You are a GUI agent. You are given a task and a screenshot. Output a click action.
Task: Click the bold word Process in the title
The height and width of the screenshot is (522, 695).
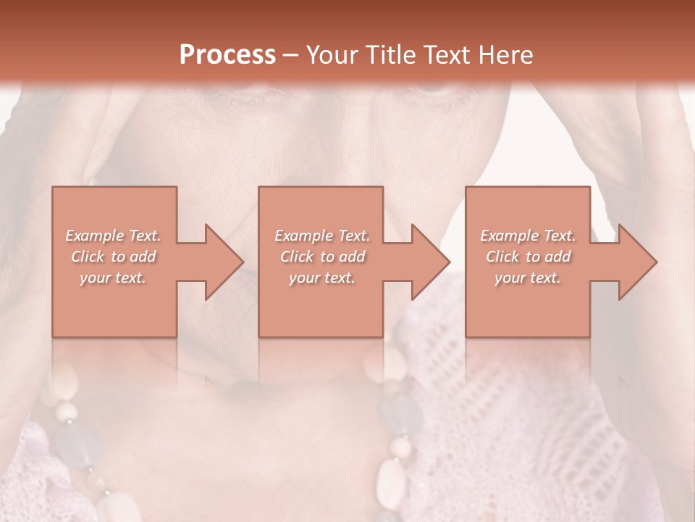[x=227, y=55]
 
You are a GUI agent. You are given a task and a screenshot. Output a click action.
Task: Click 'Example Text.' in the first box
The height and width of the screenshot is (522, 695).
[x=113, y=236]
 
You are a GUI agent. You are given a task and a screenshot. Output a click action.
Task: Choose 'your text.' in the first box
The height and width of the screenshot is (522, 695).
[x=113, y=278]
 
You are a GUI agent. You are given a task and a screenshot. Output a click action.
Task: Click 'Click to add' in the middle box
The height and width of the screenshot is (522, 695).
[x=322, y=257]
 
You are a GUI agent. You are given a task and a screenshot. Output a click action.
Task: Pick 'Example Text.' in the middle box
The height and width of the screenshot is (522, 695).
[x=322, y=236]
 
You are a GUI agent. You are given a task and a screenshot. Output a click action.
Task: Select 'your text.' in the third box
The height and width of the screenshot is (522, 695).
[x=528, y=278]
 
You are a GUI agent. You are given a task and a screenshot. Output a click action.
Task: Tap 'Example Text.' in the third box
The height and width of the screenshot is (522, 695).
[x=528, y=236]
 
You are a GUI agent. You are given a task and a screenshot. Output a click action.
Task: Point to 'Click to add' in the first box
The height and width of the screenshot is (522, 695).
[x=113, y=257]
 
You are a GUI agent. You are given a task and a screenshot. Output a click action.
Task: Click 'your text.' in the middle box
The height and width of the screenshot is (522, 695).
[x=322, y=278]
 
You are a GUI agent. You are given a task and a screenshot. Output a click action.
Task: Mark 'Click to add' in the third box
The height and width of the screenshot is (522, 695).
[x=528, y=257]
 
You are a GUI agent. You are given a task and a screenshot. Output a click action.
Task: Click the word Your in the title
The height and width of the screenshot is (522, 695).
[x=331, y=55]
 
